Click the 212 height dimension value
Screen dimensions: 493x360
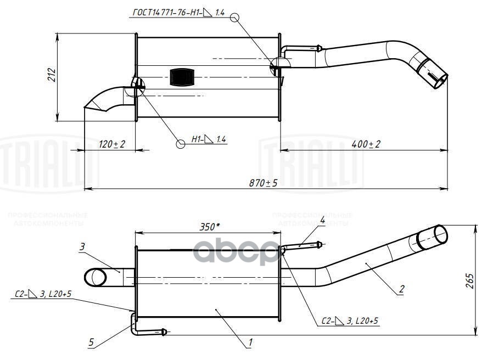51,75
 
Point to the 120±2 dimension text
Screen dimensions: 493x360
111,144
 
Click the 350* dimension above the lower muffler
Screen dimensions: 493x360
206,226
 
